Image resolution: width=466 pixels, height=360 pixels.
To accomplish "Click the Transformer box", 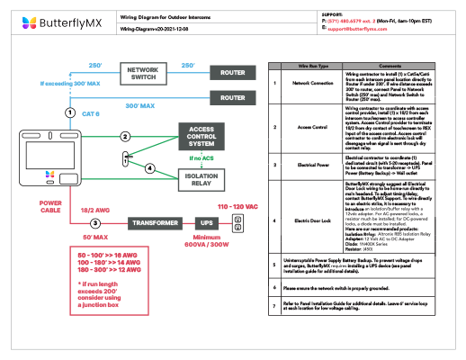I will click(x=136, y=221).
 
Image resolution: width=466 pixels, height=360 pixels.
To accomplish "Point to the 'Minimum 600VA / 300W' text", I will click(x=205, y=242).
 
